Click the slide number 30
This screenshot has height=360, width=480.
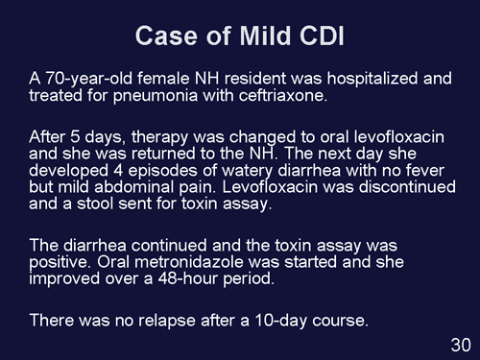pos(459,344)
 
